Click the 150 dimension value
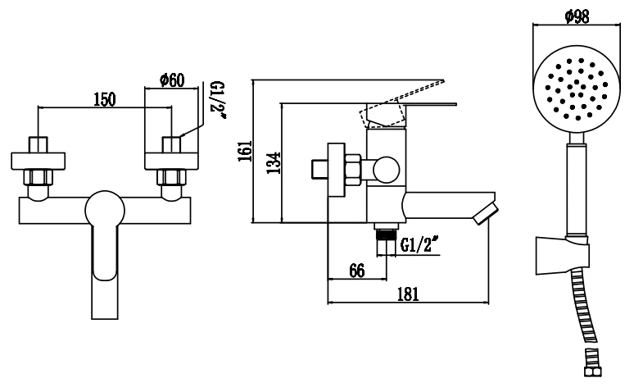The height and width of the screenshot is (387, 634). [x=104, y=99]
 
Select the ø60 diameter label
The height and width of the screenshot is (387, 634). [x=172, y=80]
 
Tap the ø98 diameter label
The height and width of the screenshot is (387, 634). [x=577, y=16]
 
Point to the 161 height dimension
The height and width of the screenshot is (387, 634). [x=245, y=151]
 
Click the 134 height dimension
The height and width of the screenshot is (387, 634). [x=274, y=163]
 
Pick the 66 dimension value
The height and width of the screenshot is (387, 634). [x=356, y=271]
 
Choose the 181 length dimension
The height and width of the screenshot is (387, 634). [x=408, y=294]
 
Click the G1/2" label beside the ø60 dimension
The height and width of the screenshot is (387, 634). [x=218, y=100]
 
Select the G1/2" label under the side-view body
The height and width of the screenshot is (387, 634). [x=419, y=244]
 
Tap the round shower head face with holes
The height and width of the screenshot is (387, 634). [x=577, y=89]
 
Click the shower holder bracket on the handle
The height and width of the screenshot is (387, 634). [x=562, y=256]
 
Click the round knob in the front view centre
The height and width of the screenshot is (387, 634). [x=105, y=210]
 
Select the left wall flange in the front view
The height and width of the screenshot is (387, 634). [x=38, y=161]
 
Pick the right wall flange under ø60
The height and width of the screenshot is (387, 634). [x=172, y=161]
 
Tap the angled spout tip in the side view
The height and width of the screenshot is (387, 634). [x=486, y=213]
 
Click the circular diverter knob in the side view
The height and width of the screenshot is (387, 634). [x=386, y=170]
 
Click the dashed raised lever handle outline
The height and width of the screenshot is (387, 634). [x=401, y=103]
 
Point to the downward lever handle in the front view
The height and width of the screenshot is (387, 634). [x=105, y=271]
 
